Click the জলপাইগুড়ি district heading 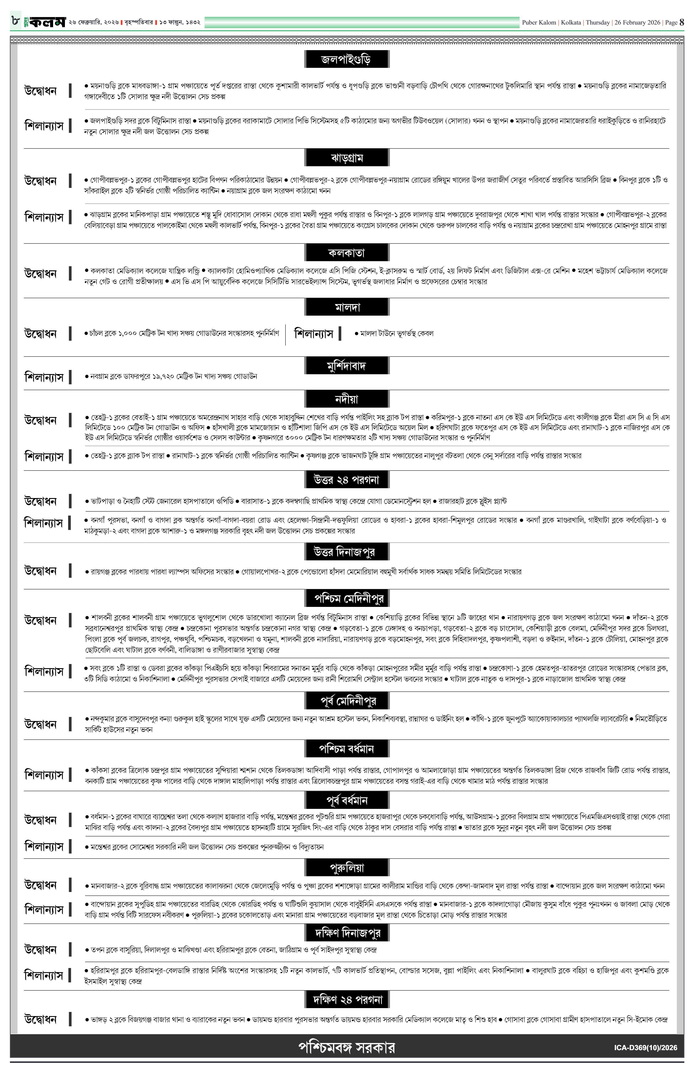[x=347, y=59]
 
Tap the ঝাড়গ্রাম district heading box [x=347, y=158]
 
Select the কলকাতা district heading [x=347, y=252]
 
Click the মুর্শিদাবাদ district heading [x=347, y=366]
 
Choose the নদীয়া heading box [x=347, y=399]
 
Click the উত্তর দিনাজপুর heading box [x=347, y=551]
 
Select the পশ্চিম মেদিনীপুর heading [x=347, y=598]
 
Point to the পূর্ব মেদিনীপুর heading [x=347, y=700]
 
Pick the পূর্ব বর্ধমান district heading [x=347, y=800]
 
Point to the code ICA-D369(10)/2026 [x=645, y=1048]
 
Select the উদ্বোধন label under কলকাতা [x=41, y=274]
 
